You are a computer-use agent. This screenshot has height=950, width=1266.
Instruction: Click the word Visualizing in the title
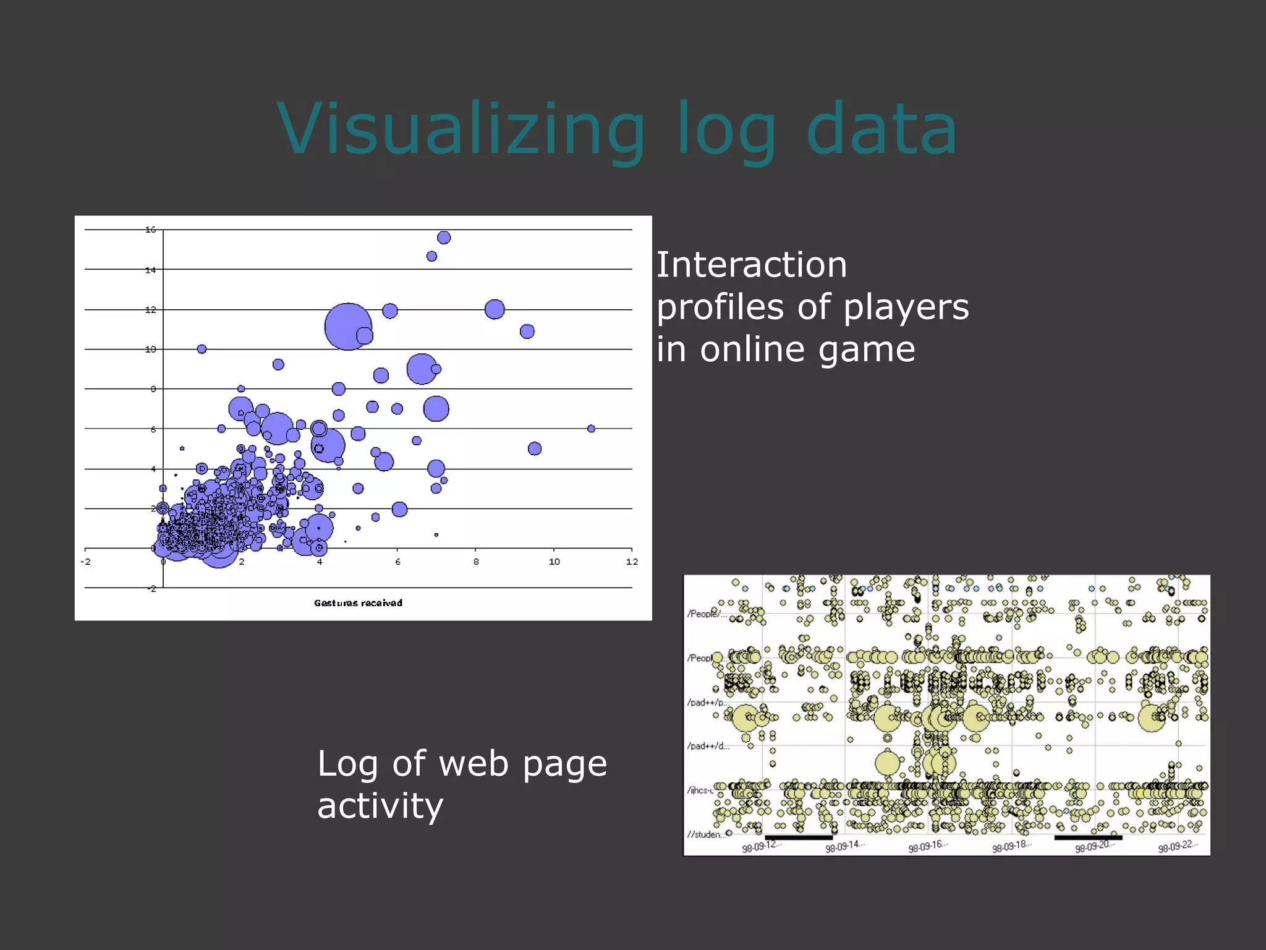click(461, 130)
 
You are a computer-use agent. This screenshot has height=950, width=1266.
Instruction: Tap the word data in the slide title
click(882, 130)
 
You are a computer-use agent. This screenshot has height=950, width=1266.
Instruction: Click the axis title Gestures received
click(358, 603)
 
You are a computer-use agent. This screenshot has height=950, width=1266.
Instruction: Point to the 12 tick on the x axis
click(632, 562)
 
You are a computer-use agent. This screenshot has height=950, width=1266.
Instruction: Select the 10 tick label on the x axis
click(554, 562)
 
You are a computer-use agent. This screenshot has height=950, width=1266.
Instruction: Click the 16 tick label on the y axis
click(150, 229)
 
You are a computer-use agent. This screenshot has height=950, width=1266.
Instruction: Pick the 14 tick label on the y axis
click(150, 270)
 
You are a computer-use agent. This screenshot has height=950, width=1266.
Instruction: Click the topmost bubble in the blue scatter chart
click(444, 237)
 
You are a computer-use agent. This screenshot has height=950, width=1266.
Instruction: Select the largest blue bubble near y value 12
click(348, 326)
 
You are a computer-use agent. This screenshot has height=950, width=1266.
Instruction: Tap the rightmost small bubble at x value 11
click(591, 429)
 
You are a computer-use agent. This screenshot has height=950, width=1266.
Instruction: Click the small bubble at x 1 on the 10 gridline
click(202, 349)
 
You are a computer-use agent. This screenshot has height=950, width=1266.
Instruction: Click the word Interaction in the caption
click(751, 265)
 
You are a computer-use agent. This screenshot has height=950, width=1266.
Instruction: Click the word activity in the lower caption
click(380, 806)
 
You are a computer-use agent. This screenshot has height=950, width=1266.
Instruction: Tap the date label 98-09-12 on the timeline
click(762, 846)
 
